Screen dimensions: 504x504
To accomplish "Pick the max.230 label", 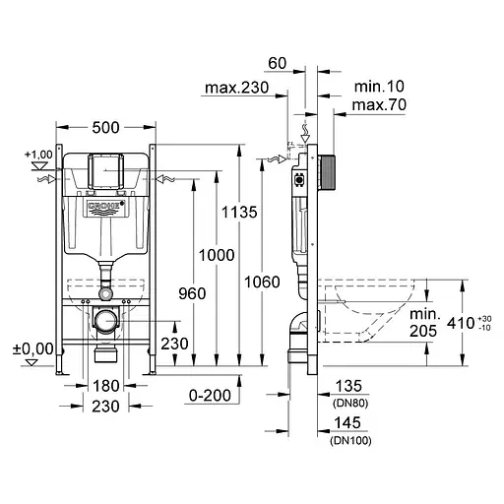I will [236, 90].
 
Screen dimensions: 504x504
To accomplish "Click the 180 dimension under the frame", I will [105, 387].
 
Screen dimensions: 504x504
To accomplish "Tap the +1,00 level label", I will [40, 155].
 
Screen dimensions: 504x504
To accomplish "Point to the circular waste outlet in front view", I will [105, 320].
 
